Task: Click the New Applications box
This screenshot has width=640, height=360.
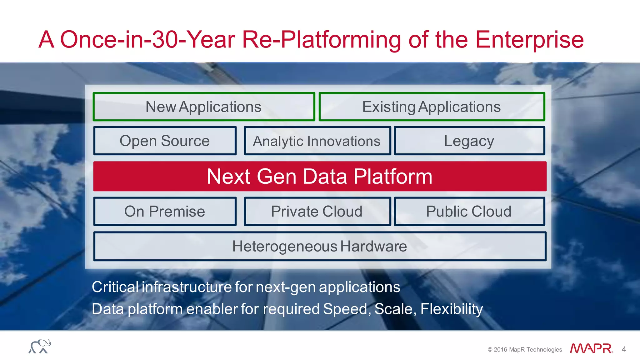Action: (x=203, y=107)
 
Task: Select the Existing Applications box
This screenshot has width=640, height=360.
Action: (x=432, y=107)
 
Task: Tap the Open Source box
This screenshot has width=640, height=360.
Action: (x=165, y=141)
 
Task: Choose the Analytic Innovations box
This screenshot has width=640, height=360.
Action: (x=317, y=141)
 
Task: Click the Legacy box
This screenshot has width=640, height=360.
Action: (x=469, y=141)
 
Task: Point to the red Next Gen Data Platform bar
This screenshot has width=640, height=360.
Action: (x=319, y=177)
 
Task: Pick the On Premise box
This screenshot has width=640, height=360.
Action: (x=165, y=212)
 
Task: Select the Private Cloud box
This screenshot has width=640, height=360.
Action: (x=317, y=212)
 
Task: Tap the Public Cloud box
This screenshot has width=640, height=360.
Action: (x=469, y=212)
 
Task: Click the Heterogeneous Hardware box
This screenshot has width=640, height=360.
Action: (x=319, y=246)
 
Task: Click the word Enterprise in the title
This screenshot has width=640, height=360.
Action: (x=529, y=40)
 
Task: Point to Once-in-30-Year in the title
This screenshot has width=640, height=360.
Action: (x=147, y=40)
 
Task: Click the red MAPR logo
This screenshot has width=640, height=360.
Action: (x=591, y=348)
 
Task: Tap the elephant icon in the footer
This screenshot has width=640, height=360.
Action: (x=40, y=346)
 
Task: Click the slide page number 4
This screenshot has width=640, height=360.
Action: (x=624, y=349)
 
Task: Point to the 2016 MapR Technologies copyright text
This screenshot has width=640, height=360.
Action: (x=525, y=349)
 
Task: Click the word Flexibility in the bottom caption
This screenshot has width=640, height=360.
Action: (x=451, y=309)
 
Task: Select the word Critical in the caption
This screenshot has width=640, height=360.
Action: (x=115, y=287)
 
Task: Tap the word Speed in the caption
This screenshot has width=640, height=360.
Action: (x=346, y=309)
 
